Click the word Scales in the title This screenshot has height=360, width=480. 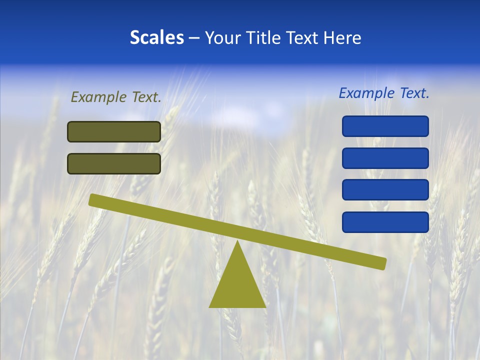[x=156, y=38]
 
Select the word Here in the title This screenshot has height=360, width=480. [x=342, y=38]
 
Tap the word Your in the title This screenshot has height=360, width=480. [x=222, y=38]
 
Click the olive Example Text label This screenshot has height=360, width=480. [x=116, y=97]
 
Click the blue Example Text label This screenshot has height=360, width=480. [x=384, y=93]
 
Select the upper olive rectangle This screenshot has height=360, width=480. [x=114, y=131]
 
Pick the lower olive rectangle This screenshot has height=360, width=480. [x=114, y=163]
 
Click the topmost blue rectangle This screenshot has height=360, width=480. [x=385, y=126]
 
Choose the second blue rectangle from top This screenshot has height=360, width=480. [x=385, y=158]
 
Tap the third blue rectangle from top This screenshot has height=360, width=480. [x=385, y=189]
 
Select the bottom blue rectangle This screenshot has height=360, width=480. [x=385, y=222]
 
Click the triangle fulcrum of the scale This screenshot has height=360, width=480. [x=237, y=285]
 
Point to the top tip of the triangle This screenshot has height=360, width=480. [x=237, y=242]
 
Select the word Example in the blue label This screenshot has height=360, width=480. [x=366, y=93]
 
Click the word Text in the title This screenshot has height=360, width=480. [x=305, y=38]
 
